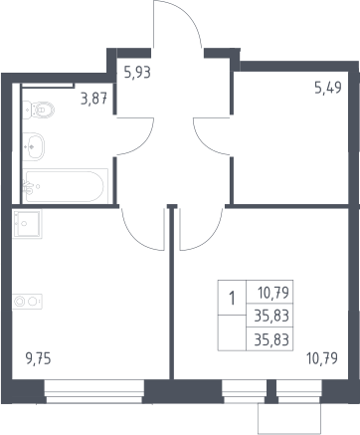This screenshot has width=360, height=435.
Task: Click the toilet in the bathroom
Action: point(39,109)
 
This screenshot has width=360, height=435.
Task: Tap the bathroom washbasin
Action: point(33,146)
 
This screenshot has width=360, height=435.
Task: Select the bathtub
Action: point(66,186)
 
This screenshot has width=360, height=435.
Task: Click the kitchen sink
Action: point(27,224)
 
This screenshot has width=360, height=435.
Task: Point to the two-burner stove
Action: point(27,302)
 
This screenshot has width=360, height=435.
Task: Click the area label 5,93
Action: point(137,73)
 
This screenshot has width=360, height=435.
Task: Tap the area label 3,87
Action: point(94,99)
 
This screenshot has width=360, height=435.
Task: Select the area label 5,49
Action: point(328,88)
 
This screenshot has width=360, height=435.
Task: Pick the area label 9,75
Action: point(39,359)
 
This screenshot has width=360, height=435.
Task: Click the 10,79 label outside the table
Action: point(322,358)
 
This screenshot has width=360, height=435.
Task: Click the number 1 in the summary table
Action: point(232,299)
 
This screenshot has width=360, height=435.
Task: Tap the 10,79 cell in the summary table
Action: point(273,293)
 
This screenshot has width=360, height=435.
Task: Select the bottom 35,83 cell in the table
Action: point(271,339)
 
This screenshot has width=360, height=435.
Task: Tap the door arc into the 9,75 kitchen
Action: point(131,237)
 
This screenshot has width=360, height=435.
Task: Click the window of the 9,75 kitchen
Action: point(94,392)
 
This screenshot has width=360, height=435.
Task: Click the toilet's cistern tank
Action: point(27,109)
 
